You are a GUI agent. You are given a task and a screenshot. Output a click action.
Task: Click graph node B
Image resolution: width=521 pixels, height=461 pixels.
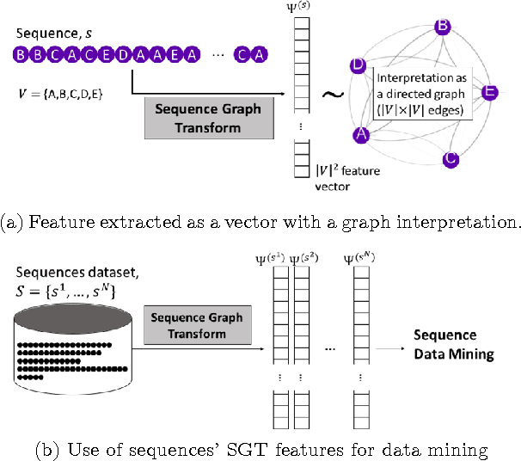pyautogui.click(x=442, y=27)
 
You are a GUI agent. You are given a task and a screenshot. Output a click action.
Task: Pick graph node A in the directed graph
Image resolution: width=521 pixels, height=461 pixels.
pyautogui.click(x=363, y=134)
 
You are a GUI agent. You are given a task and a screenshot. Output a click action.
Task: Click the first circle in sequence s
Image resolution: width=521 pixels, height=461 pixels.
pyautogui.click(x=20, y=54)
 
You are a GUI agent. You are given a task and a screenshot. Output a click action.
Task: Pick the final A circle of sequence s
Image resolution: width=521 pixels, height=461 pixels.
pyautogui.click(x=260, y=54)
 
